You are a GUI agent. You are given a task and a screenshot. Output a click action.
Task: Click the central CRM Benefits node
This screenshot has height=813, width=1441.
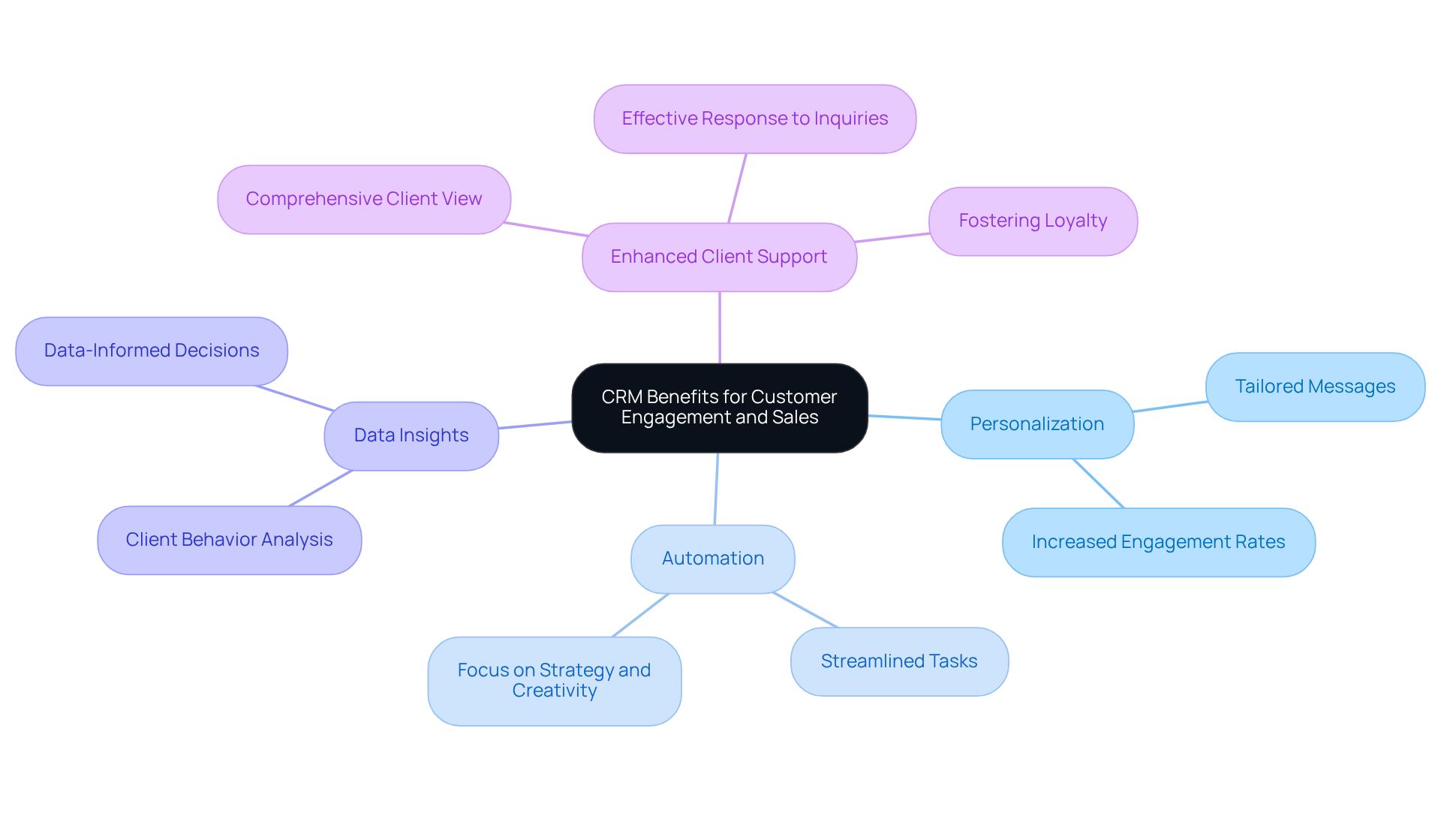pyautogui.click(x=719, y=408)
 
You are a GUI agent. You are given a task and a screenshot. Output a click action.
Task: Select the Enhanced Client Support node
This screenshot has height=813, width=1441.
pyautogui.click(x=719, y=257)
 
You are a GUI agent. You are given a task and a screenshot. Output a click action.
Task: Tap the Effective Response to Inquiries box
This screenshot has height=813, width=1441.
pyautogui.click(x=754, y=119)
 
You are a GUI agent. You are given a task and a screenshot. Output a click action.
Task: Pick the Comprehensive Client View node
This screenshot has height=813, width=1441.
pyautogui.click(x=364, y=199)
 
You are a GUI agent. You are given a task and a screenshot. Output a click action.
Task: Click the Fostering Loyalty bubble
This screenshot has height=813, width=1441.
pyautogui.click(x=1033, y=221)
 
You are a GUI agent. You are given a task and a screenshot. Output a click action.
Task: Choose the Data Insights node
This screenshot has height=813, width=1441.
pyautogui.click(x=411, y=435)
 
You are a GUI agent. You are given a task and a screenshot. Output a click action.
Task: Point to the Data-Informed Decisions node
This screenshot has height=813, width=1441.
pyautogui.click(x=152, y=351)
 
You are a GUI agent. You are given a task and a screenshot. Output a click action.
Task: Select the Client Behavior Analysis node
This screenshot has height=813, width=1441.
pyautogui.click(x=229, y=540)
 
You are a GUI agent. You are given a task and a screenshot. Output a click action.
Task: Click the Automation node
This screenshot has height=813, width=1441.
pyautogui.click(x=713, y=559)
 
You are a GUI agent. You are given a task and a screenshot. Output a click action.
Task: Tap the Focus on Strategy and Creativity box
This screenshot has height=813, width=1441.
pyautogui.click(x=554, y=681)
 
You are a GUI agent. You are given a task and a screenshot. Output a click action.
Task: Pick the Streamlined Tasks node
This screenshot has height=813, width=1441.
pyautogui.click(x=899, y=661)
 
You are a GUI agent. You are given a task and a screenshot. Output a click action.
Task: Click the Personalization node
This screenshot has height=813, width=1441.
pyautogui.click(x=1036, y=424)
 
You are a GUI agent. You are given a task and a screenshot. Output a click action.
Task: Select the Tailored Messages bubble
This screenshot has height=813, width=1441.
pyautogui.click(x=1315, y=387)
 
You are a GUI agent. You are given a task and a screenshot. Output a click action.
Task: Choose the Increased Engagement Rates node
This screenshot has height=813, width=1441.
pyautogui.click(x=1158, y=542)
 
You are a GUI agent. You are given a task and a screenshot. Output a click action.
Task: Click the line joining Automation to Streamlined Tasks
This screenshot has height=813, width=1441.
pyautogui.click(x=805, y=610)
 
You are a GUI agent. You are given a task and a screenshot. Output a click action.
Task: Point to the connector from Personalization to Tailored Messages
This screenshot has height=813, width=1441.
pyautogui.click(x=1170, y=406)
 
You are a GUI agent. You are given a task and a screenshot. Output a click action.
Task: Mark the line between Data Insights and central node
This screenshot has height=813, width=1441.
pyautogui.click(x=535, y=425)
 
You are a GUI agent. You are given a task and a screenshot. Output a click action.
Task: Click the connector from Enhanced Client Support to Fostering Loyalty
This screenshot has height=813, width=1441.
pyautogui.click(x=892, y=237)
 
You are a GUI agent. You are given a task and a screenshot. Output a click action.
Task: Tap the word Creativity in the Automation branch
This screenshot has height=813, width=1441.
pyautogui.click(x=555, y=691)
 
